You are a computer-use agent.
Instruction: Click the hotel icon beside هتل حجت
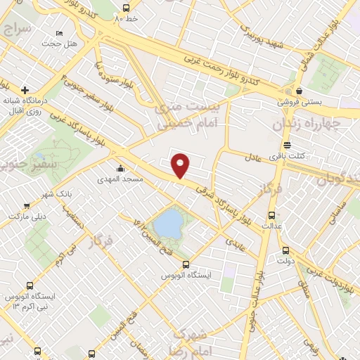[60, 33]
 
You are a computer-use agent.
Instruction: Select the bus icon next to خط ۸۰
[125, 8]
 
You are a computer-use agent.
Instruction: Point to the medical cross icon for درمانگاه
[25, 90]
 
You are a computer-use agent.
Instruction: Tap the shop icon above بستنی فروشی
[300, 91]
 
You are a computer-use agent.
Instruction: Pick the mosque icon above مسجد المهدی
[121, 168]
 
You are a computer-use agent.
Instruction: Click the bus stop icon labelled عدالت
[272, 214]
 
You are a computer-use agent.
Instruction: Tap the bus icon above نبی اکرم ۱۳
[30, 285]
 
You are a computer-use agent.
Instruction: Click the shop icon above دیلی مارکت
[27, 206]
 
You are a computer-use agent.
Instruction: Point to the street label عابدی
[233, 240]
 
